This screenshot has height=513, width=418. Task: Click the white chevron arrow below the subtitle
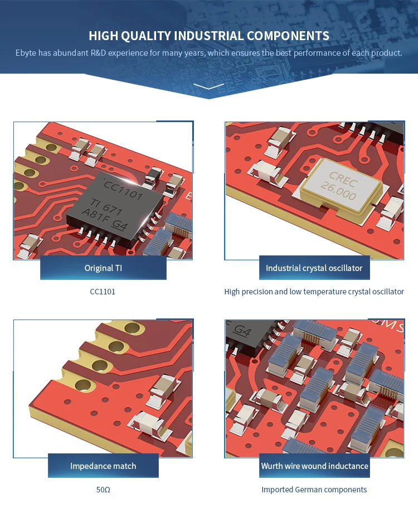(x=209, y=86)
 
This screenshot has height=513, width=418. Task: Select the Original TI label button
(x=103, y=268)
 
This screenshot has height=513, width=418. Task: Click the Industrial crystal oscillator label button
(x=314, y=268)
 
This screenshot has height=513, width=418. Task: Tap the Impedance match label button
(x=103, y=466)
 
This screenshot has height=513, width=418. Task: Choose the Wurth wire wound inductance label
(x=314, y=466)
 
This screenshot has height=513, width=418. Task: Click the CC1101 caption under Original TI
(x=103, y=292)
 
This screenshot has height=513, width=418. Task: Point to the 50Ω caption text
(x=103, y=490)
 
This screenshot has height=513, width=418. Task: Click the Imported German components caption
(x=314, y=490)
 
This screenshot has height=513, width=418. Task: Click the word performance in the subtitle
(x=323, y=53)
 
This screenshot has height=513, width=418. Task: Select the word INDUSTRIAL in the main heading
(x=208, y=36)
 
